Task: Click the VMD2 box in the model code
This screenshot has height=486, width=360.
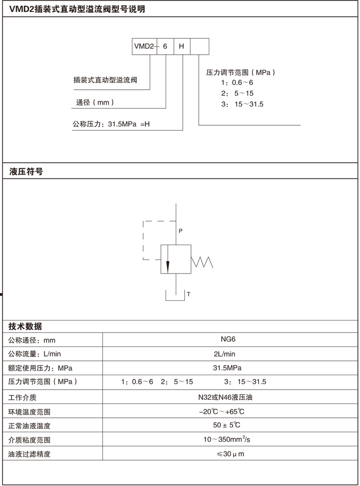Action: (143, 47)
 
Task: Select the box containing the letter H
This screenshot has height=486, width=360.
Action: (181, 47)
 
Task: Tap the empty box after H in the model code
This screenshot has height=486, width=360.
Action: (199, 47)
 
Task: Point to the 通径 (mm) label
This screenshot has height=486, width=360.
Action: (95, 103)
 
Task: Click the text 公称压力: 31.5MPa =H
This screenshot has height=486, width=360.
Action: (111, 124)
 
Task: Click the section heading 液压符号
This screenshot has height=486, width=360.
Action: (26, 171)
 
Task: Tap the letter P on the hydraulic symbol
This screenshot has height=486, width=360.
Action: (180, 231)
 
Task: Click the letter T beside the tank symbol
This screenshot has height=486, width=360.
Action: (189, 294)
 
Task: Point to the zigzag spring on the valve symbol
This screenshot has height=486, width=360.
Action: (202, 261)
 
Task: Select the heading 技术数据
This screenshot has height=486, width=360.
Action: (25, 327)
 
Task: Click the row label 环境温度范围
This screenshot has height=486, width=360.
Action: (29, 412)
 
